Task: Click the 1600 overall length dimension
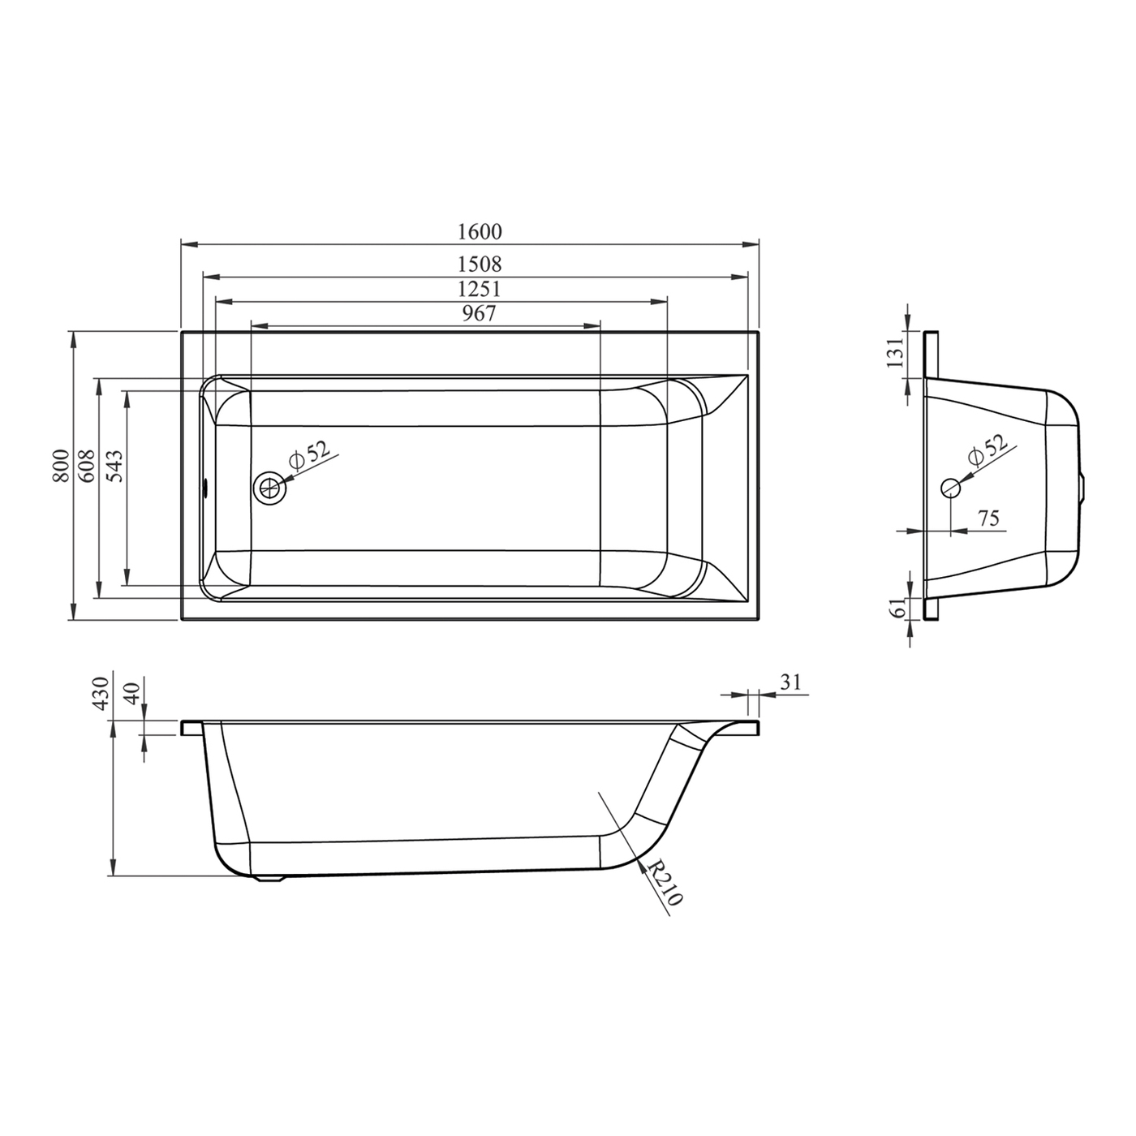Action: pos(480,232)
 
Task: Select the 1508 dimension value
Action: pos(480,263)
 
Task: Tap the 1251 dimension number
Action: pos(480,289)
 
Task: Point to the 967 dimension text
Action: pos(479,313)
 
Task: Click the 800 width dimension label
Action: pos(62,467)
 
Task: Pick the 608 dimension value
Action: pos(87,467)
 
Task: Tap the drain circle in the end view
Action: pos(950,488)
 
